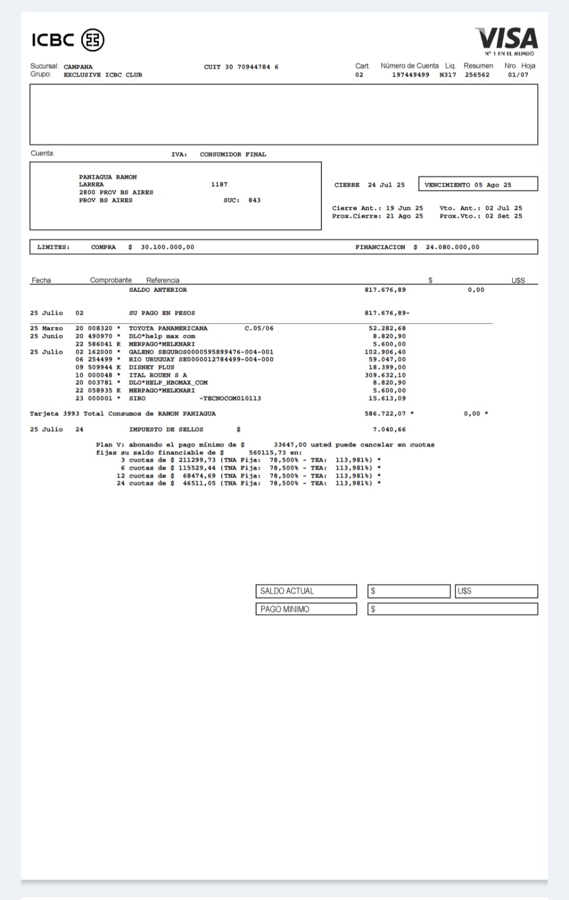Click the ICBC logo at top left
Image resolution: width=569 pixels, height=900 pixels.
click(68, 40)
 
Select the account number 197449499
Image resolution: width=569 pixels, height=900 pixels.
click(410, 75)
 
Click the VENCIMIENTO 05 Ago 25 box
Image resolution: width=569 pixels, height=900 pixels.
click(478, 184)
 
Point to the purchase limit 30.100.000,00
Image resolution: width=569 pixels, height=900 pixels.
click(167, 247)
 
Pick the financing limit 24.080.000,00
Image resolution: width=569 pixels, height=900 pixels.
click(452, 247)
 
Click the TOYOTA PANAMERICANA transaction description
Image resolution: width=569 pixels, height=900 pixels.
click(168, 328)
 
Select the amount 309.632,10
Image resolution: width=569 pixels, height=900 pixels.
click(385, 375)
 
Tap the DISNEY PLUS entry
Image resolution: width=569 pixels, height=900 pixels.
click(151, 367)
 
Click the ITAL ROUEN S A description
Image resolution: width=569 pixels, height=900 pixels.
click(158, 375)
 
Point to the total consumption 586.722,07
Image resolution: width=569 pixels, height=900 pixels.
click(385, 413)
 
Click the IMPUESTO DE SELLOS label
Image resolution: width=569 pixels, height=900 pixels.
click(166, 429)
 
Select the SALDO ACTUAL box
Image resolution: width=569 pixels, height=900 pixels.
click(306, 591)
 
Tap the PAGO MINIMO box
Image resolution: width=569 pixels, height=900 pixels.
click(306, 609)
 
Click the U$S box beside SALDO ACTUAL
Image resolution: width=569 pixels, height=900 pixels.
click(496, 591)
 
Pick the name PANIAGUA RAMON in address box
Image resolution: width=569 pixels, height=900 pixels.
click(107, 177)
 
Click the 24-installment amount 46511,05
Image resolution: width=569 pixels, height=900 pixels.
click(199, 483)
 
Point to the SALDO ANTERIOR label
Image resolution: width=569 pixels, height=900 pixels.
click(158, 290)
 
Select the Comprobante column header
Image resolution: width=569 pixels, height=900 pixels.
click(111, 280)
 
